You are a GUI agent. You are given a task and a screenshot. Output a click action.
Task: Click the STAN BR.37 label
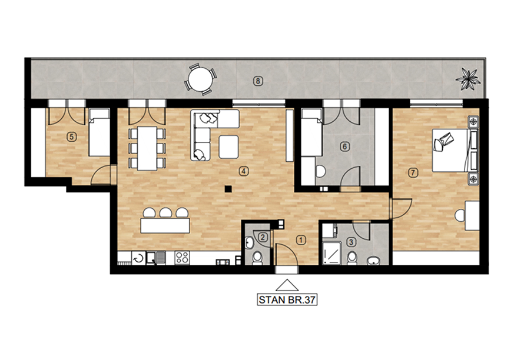(x=287, y=300)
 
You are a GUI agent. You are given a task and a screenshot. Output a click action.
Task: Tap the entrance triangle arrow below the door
(x=287, y=285)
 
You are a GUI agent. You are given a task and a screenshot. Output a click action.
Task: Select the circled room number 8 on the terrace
(x=258, y=81)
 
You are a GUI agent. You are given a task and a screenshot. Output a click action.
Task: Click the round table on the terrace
(x=200, y=79)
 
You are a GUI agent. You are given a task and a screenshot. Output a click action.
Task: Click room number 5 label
(x=71, y=136)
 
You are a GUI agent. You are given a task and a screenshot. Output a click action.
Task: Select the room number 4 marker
(x=243, y=171)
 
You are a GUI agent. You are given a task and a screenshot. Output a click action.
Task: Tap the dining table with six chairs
(x=147, y=148)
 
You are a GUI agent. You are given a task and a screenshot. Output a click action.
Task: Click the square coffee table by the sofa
(x=228, y=146)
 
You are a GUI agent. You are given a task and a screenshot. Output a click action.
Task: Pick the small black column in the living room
(x=228, y=189)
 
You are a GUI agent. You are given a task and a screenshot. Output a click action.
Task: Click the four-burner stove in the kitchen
(x=182, y=258)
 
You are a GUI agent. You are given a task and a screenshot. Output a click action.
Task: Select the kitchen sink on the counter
(x=155, y=258)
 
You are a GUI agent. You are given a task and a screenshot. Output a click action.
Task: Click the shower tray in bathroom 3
(x=331, y=252)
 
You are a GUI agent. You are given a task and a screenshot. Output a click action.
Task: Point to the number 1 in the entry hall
(x=301, y=240)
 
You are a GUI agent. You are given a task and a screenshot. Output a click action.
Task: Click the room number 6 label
(x=344, y=146)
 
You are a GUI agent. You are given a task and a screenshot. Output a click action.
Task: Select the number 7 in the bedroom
(x=413, y=172)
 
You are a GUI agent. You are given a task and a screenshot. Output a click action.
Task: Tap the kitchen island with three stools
(x=165, y=221)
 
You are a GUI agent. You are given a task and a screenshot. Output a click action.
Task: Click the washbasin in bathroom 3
(x=373, y=261)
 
